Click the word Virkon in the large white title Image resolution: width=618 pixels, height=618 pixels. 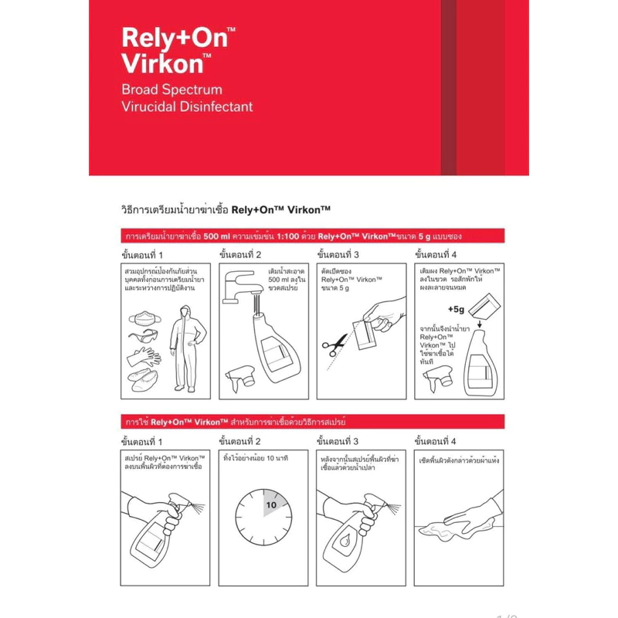coord(161,63)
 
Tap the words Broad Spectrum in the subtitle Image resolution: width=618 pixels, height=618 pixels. coord(171,90)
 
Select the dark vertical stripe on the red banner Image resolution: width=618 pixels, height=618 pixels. coord(449,87)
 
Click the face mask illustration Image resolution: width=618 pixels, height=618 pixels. coord(144,318)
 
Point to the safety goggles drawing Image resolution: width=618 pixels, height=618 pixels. coord(144,335)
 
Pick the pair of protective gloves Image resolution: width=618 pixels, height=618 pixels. coord(144,357)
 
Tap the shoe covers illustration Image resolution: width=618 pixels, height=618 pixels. coord(143,379)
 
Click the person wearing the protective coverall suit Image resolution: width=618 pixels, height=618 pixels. coord(188,348)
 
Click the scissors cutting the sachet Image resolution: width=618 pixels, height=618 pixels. coord(334,345)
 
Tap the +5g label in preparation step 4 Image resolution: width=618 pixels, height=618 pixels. coord(456,310)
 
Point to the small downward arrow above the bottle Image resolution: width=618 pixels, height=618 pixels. coord(480,324)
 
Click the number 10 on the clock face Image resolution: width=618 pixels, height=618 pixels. coord(271,505)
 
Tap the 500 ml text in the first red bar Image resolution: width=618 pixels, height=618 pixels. coord(216,236)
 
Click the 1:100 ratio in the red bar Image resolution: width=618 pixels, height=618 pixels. coord(287,236)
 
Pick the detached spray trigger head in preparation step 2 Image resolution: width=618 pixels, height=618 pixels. coord(241,379)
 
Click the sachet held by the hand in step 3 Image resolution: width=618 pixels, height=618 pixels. coord(365,334)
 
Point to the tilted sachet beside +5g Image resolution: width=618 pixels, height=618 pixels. coord(484,306)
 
